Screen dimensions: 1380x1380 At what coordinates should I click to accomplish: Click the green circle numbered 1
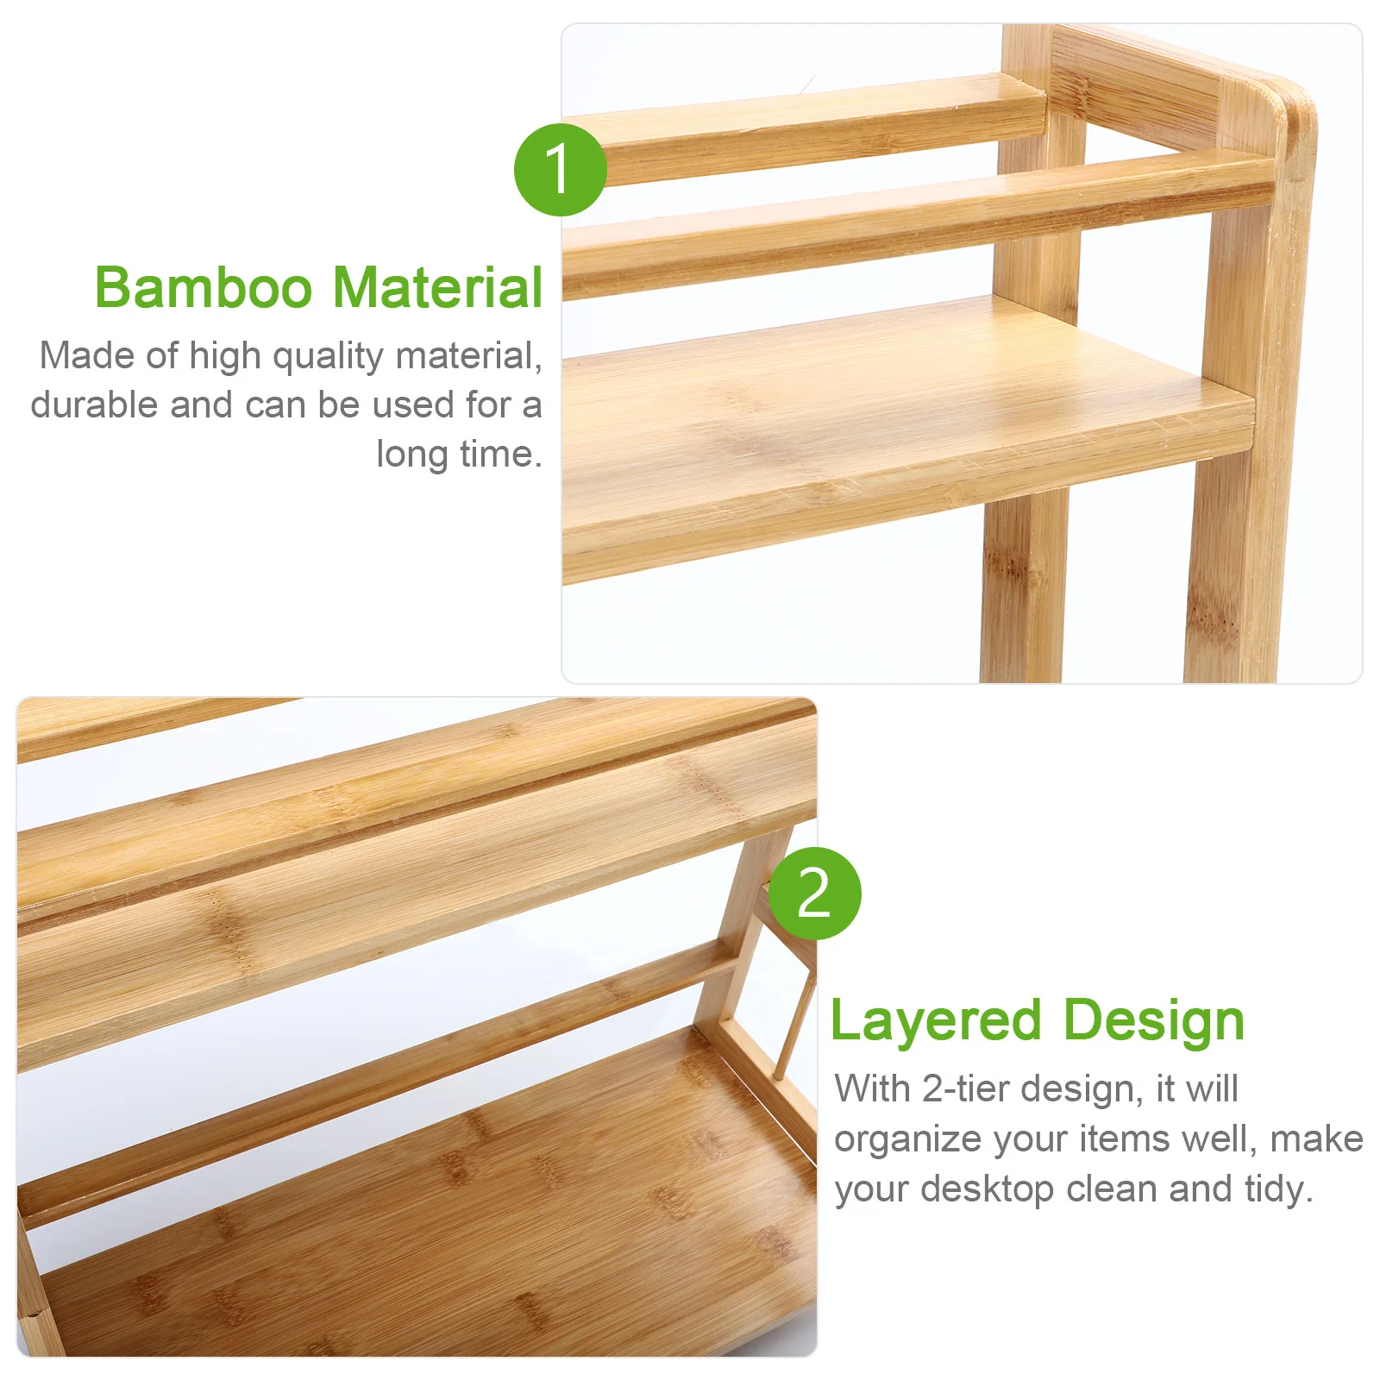(x=560, y=169)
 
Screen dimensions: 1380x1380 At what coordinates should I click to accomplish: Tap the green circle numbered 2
(x=814, y=893)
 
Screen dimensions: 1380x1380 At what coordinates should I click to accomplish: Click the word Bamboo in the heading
(x=204, y=287)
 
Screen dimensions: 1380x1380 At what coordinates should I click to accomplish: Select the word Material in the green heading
(x=438, y=287)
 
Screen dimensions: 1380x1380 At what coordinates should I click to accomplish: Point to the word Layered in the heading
(x=937, y=1023)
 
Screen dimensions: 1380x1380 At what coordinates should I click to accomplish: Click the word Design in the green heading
(x=1154, y=1023)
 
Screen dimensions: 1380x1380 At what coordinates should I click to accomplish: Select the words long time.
(x=459, y=454)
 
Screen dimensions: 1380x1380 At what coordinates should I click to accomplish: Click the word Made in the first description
(x=85, y=355)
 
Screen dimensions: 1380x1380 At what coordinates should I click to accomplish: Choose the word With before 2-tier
(x=872, y=1088)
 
